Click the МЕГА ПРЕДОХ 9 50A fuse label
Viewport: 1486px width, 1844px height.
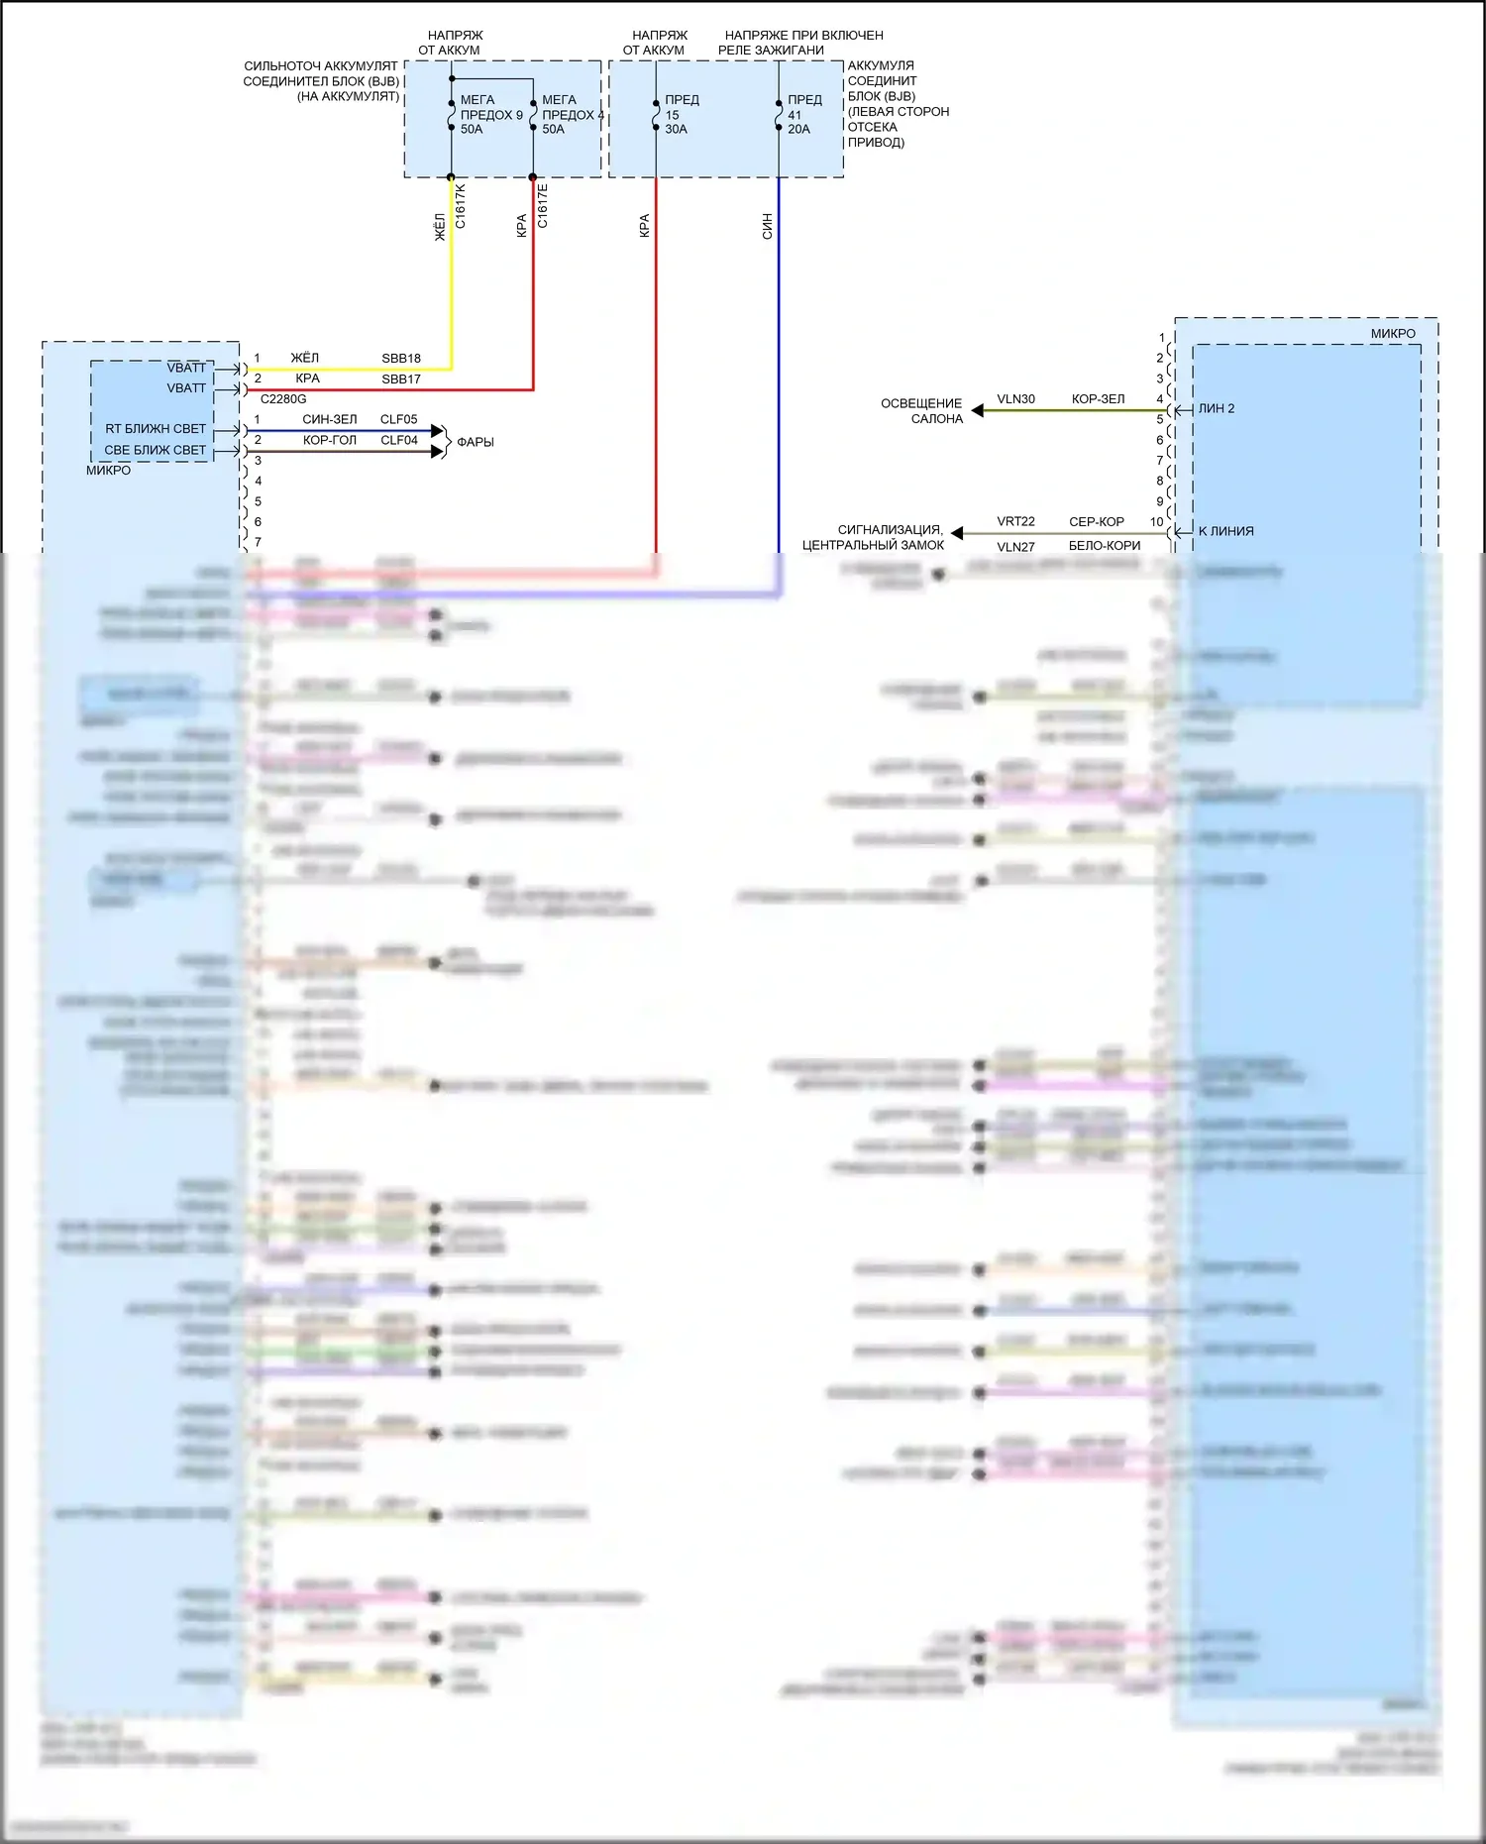489,115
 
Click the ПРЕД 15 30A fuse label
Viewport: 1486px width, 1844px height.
681,115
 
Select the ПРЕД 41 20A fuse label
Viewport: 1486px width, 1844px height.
803,115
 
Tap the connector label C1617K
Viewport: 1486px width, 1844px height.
461,206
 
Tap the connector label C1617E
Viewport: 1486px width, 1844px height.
543,206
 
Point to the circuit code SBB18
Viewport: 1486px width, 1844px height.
401,359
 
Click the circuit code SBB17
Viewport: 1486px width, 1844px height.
401,380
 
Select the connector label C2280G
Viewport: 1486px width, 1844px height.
283,399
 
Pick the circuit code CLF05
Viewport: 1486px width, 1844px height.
399,420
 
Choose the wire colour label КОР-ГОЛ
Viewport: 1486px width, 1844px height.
330,441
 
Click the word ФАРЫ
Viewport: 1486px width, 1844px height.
476,442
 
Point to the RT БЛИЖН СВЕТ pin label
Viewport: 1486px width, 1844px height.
156,429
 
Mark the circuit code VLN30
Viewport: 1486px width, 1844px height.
1015,399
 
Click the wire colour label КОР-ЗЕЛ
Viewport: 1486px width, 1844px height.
1098,399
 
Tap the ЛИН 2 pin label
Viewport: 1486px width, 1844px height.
1217,408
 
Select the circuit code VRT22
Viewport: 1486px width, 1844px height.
1015,522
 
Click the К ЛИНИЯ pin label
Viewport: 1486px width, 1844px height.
1225,531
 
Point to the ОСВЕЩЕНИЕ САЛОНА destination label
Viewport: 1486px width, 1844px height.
921,411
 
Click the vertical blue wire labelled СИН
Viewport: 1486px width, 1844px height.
779,377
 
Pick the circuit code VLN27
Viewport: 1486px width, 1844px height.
1015,547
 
